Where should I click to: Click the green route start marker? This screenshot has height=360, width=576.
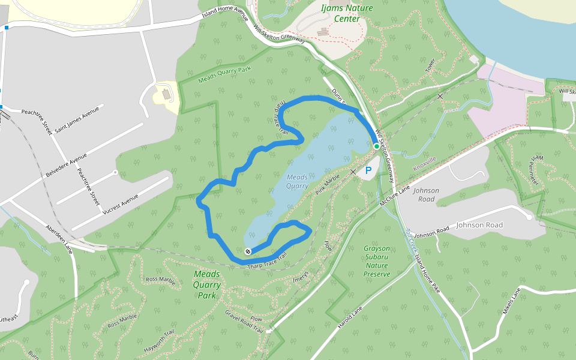(377, 146)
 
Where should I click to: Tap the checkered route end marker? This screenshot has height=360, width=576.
(248, 251)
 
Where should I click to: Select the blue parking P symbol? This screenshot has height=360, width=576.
(368, 171)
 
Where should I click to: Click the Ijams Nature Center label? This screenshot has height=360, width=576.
(347, 13)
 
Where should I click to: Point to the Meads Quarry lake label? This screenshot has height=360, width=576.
(296, 181)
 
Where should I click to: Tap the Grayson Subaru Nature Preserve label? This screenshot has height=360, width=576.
(377, 261)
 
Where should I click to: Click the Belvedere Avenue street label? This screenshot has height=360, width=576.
(66, 165)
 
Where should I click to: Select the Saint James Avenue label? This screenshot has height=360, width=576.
(77, 119)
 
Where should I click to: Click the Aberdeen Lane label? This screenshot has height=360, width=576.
(59, 239)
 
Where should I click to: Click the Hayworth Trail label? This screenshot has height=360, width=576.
(160, 341)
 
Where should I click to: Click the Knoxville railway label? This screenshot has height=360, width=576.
(425, 163)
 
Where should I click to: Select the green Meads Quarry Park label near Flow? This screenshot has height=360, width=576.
(207, 284)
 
